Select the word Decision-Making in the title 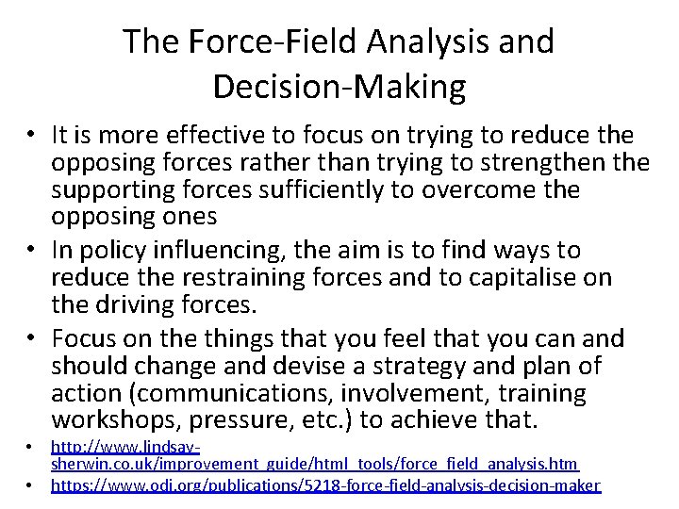(x=339, y=87)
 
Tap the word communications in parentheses (x=222, y=392)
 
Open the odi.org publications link (x=324, y=485)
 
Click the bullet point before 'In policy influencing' (x=32, y=250)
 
